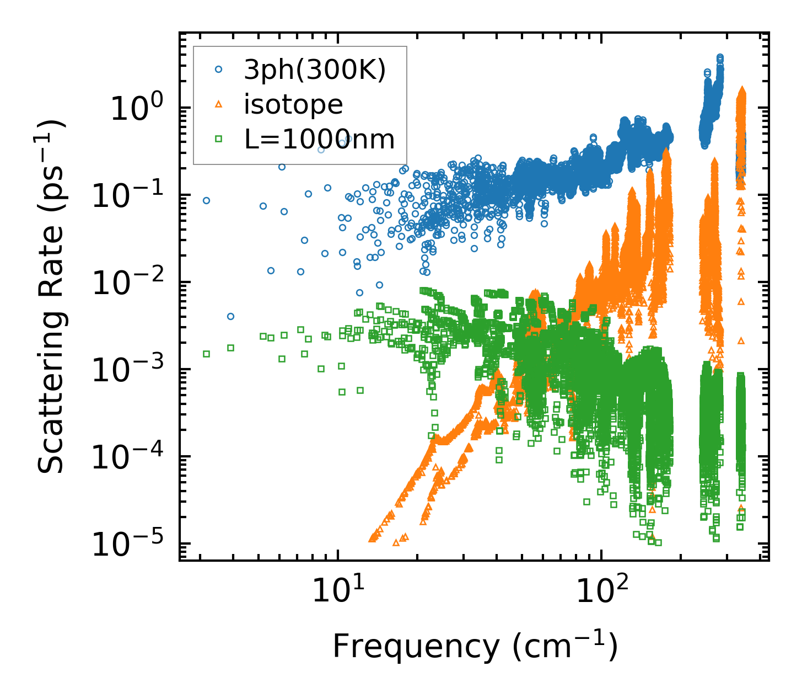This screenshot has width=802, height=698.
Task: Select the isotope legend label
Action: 293,104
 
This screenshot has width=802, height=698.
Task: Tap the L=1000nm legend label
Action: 320,139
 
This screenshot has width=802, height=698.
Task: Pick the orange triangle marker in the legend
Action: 219,104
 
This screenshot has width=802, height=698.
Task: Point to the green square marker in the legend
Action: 219,139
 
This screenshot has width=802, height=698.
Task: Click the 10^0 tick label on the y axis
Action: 136,108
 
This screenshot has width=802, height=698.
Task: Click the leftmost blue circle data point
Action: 206,200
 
